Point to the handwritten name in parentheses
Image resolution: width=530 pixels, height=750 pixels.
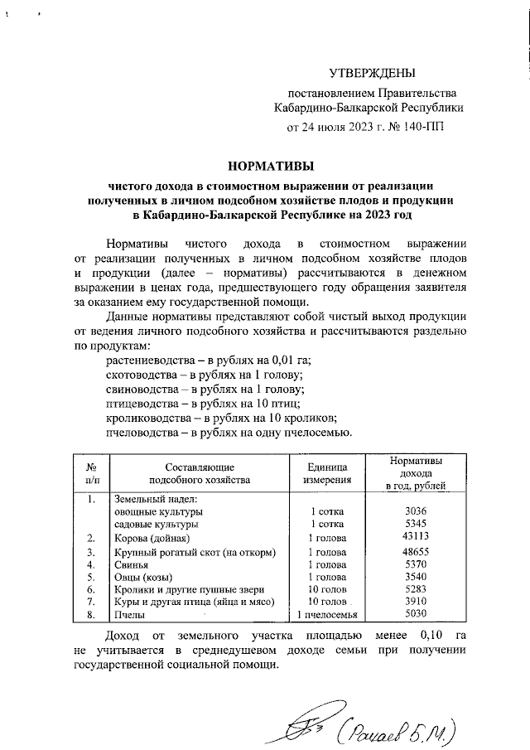(402, 729)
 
